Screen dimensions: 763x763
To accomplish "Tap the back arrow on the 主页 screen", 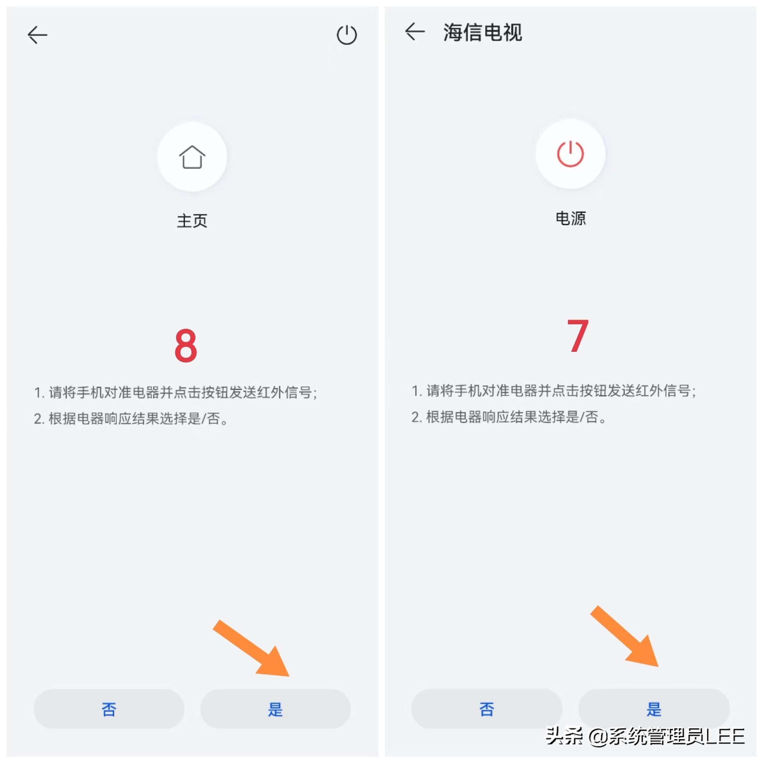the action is (37, 35).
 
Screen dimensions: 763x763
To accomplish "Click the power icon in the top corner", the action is (347, 35).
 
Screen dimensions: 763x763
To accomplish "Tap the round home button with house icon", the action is (192, 157).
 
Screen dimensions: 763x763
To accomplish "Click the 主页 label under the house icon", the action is (192, 221).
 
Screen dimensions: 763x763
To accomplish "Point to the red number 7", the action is (578, 336).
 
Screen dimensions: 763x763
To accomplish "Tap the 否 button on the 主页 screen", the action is (109, 709).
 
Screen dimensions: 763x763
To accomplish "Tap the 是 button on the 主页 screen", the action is (275, 709).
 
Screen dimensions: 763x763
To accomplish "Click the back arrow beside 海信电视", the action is (415, 31).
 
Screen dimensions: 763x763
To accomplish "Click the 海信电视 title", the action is (483, 32).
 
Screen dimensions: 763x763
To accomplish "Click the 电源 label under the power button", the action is (571, 218).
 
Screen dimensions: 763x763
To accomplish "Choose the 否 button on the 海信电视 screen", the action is (486, 709).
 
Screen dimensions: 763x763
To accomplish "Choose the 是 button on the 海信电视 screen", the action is (654, 709).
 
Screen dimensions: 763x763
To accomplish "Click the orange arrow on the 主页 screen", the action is (251, 648).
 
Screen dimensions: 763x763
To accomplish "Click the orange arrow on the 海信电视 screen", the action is (625, 636).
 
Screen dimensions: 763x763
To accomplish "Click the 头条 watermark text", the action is (564, 736).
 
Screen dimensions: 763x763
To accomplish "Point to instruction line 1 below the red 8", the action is (175, 392).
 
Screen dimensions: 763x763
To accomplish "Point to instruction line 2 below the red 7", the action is (509, 417).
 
